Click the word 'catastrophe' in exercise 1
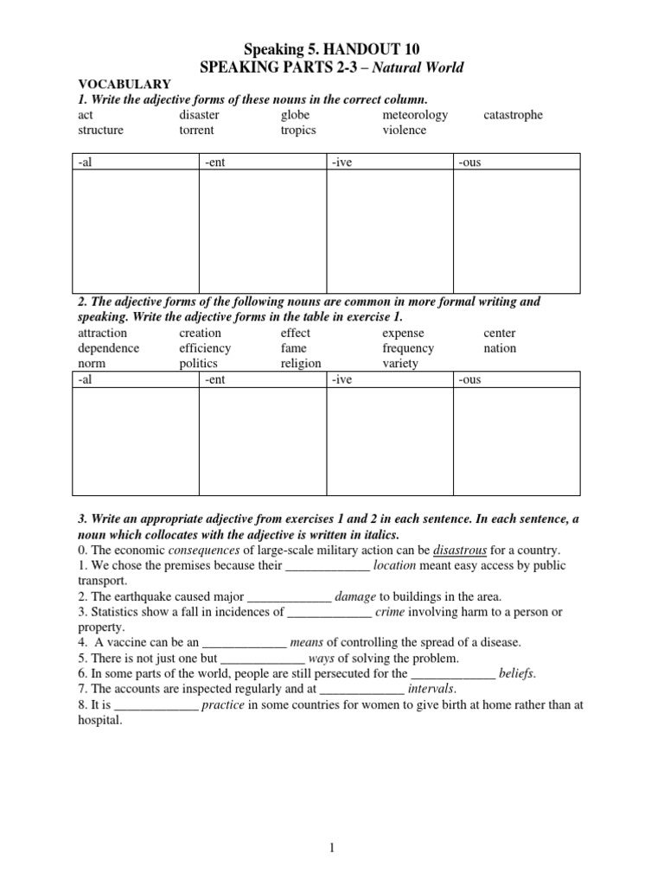pos(514,115)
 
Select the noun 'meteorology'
pos(415,115)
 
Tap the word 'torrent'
pos(196,131)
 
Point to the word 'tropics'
pos(298,131)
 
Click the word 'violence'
pos(404,131)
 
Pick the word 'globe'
pos(295,115)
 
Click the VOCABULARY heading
pos(124,84)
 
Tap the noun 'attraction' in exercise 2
pos(102,333)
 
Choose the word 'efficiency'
pos(205,348)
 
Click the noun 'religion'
pos(301,364)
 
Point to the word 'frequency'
pos(408,348)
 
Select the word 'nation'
pos(500,348)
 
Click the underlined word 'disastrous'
pos(459,551)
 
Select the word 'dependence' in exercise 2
pos(108,348)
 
